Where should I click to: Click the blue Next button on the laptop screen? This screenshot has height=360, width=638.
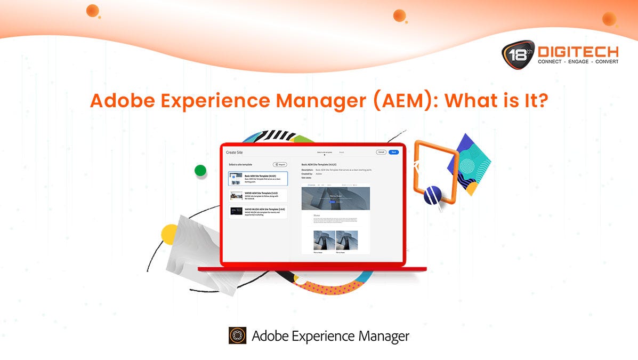pyautogui.click(x=394, y=152)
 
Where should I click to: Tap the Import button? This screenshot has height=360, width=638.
pyautogui.click(x=280, y=165)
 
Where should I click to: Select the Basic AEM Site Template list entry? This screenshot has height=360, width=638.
pyautogui.click(x=258, y=179)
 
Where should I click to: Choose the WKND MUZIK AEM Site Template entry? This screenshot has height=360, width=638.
pyautogui.click(x=258, y=211)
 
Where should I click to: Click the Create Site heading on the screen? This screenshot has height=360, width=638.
pyautogui.click(x=235, y=153)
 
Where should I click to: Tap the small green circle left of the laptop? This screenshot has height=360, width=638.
pyautogui.click(x=200, y=171)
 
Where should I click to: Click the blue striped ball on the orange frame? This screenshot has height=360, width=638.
pyautogui.click(x=433, y=195)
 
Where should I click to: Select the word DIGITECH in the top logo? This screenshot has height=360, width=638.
pyautogui.click(x=578, y=52)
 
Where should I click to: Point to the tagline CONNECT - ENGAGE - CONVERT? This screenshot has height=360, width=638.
pyautogui.click(x=578, y=62)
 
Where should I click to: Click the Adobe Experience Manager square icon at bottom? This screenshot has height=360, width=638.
pyautogui.click(x=237, y=335)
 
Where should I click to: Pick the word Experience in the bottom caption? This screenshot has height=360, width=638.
pyautogui.click(x=321, y=336)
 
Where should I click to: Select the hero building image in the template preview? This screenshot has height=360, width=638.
pyautogui.click(x=335, y=197)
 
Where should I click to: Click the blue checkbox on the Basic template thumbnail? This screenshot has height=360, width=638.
pyautogui.click(x=233, y=177)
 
